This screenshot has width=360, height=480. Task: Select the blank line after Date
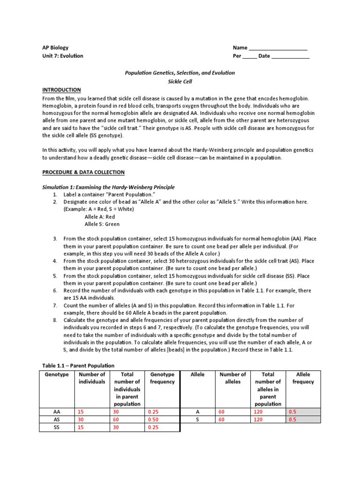tap(290, 56)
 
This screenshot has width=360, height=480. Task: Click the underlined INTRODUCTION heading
tap(62, 90)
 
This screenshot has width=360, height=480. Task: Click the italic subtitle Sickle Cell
tap(180, 81)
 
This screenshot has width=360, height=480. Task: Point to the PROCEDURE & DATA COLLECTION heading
tap(84, 172)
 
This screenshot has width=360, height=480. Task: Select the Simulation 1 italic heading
tap(108, 187)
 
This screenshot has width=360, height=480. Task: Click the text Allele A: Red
tap(100, 217)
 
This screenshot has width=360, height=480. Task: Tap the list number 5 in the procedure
tap(55, 276)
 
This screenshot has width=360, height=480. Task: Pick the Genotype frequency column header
tap(162, 378)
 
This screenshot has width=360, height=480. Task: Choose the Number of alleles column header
tap(232, 378)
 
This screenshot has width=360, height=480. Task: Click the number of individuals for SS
tap(82, 427)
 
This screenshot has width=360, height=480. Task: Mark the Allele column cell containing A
tap(197, 412)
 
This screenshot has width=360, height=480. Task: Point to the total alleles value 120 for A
tap(258, 412)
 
